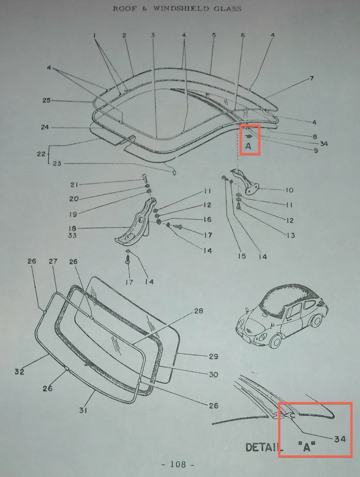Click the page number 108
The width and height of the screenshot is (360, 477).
[177, 465]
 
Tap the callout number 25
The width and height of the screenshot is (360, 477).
[46, 101]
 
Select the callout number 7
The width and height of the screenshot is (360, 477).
[311, 79]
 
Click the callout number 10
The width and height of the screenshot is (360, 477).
[290, 190]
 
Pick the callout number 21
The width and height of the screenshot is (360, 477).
[74, 185]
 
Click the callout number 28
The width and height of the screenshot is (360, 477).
[198, 312]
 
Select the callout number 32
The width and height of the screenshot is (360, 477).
[19, 371]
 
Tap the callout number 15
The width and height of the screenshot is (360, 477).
[241, 256]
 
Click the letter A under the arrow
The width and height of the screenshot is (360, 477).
[248, 147]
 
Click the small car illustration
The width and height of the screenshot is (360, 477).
[281, 316]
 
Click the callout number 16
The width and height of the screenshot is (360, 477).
[207, 219]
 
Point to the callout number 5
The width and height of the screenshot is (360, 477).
[214, 35]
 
